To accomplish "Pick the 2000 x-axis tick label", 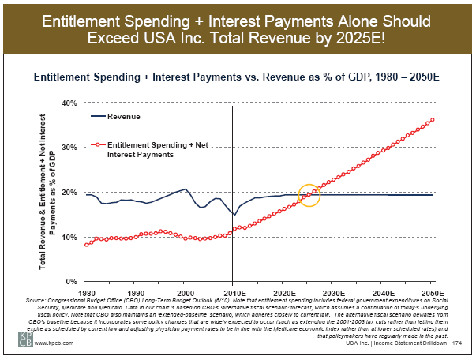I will point(184,291).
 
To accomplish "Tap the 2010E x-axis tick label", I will point(233,291).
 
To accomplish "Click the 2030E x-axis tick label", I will point(332,291).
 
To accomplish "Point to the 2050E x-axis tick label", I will point(432,291).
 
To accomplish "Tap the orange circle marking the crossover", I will point(310,195).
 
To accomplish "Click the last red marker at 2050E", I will point(433,120).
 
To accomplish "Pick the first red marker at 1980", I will point(86,245).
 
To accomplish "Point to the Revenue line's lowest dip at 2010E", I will point(234,215).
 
